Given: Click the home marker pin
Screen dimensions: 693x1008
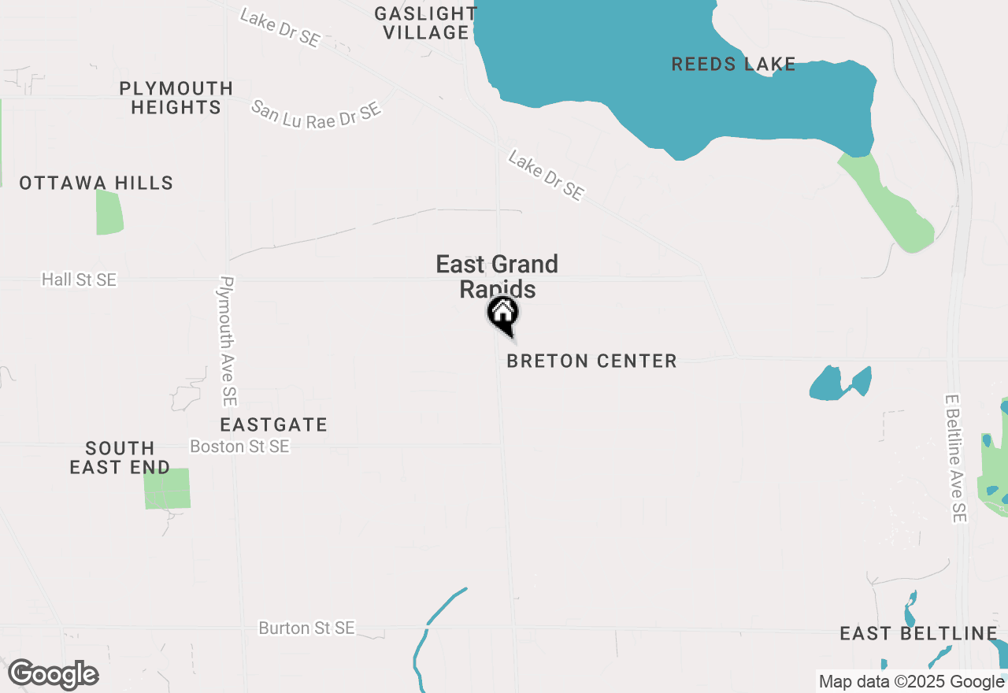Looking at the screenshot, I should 502,313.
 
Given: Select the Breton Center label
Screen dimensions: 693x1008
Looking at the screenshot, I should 591,361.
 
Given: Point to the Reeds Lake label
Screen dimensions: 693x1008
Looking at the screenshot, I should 733,65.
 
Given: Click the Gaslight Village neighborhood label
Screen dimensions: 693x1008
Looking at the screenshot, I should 425,23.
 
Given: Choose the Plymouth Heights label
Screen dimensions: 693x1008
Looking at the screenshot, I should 176,98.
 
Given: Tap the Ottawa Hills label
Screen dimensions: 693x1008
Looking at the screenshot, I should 96,183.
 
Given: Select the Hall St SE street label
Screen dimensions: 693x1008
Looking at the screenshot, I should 79,280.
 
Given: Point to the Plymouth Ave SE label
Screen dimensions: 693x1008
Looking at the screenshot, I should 228,340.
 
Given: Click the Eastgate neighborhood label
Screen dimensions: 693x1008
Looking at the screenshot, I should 273,425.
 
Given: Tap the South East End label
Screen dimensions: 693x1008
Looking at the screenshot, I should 120,458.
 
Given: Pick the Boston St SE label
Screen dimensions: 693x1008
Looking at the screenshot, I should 239,447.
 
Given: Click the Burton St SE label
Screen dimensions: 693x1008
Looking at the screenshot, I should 306,628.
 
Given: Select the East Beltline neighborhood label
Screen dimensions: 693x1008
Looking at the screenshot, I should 918,634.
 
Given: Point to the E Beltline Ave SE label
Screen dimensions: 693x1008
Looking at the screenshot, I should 955,458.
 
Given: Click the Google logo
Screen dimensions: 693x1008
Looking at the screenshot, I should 53,675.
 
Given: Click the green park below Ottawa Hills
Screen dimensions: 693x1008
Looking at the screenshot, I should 109,212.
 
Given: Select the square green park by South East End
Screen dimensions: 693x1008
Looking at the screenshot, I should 167,488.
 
